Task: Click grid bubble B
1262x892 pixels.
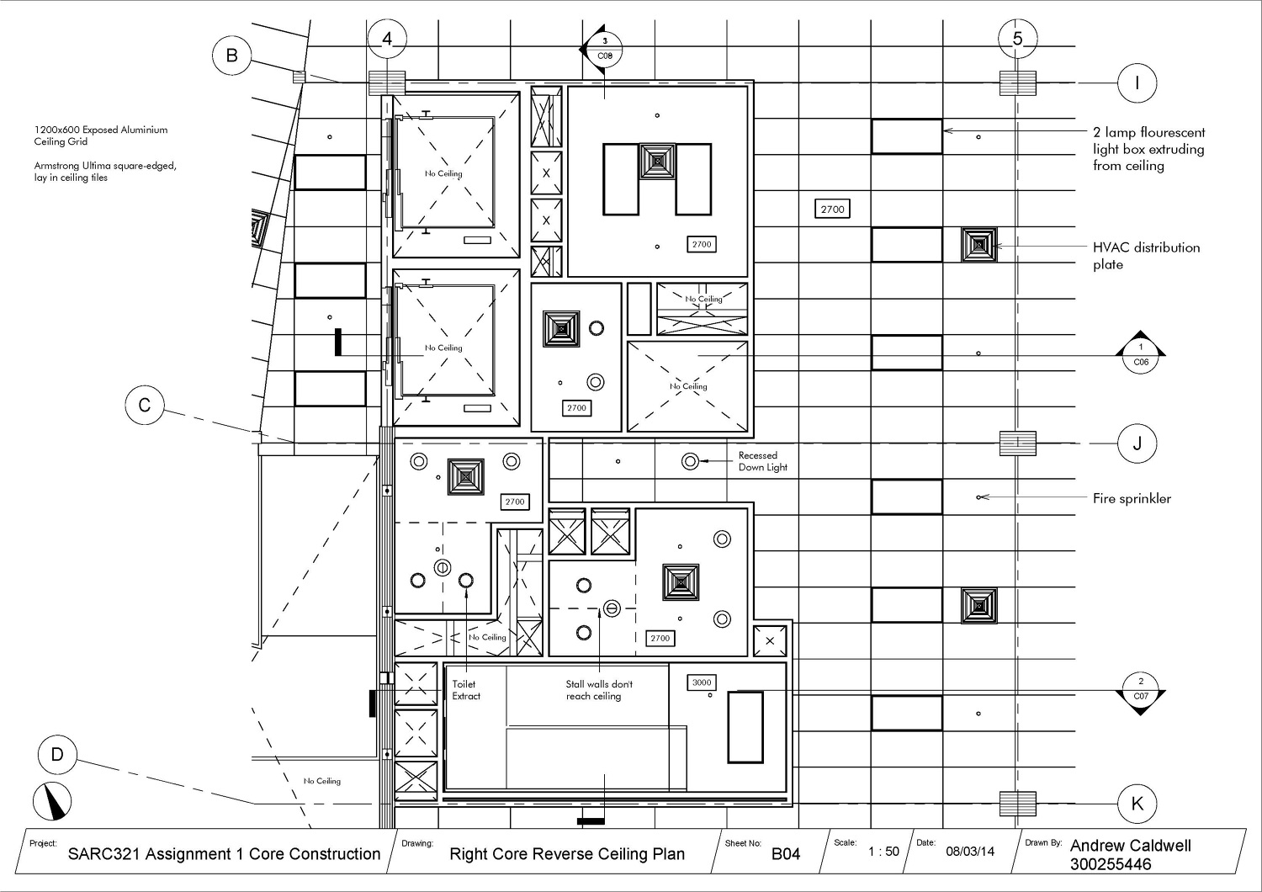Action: [231, 56]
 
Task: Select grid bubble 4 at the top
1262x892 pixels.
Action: [387, 39]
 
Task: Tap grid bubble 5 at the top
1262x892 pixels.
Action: [1018, 39]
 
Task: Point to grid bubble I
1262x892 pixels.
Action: [1137, 82]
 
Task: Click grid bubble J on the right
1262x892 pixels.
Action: [1137, 443]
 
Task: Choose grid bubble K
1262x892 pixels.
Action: [1137, 803]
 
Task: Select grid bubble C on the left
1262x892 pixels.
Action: [145, 406]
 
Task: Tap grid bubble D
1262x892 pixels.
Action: [57, 754]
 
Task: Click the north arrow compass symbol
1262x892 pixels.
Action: [53, 801]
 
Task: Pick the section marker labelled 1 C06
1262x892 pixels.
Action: [1141, 355]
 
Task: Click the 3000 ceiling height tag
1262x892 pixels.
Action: [702, 682]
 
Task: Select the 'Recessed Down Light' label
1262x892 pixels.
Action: [762, 461]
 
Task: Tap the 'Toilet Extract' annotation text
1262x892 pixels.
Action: [466, 690]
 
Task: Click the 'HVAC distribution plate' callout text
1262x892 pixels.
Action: [1146, 256]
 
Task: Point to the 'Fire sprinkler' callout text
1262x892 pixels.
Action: [1132, 498]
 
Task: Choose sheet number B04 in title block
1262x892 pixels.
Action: [786, 854]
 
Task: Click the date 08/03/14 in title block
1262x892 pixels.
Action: [970, 852]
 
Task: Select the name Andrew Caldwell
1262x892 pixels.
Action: [1130, 846]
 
